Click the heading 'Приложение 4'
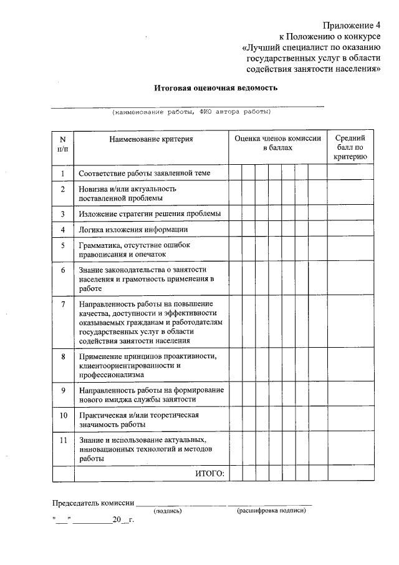(x=351, y=26)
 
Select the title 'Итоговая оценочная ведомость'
(x=216, y=88)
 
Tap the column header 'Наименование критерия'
(x=151, y=139)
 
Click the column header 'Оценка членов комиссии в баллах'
(x=277, y=144)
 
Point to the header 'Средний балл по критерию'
(x=350, y=147)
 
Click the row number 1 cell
(x=63, y=173)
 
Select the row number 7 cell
(x=63, y=303)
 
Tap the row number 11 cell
(x=63, y=440)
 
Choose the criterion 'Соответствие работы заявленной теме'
(x=144, y=173)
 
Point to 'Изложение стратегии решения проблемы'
(x=150, y=214)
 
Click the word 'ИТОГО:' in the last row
(x=209, y=474)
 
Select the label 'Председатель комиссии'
(x=93, y=503)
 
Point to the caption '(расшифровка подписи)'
(x=271, y=511)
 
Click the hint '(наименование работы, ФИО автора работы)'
(x=191, y=112)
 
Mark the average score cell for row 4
(x=350, y=230)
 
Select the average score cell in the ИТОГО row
(x=350, y=474)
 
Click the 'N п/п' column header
(x=63, y=144)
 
